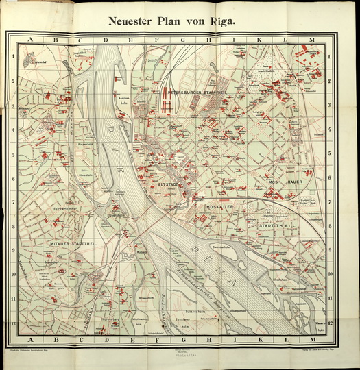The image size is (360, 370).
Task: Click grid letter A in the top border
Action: (x=30, y=40)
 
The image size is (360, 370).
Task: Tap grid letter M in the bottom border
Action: (x=311, y=339)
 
